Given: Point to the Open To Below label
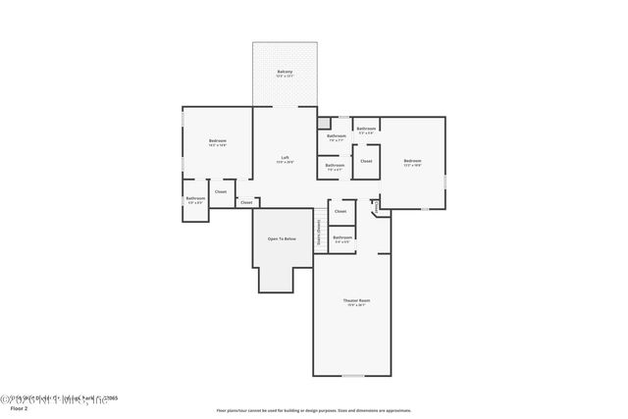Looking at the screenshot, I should pos(282,238).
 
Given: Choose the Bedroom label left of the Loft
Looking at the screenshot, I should pos(218,142).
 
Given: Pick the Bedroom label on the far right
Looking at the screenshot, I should pos(412,161).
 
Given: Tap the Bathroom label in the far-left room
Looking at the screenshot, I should pos(195,199).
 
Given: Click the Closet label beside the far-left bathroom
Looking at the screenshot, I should pos(221,191).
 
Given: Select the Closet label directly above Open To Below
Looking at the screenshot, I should pos(245,202).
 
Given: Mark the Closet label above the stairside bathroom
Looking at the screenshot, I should pos(340,212).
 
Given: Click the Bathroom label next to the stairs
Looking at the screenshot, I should pos(342,237).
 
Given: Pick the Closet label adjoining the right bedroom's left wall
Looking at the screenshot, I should pos(366,161).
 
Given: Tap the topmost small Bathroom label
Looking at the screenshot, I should pos(367,130).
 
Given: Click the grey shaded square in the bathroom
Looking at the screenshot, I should pos(324,123).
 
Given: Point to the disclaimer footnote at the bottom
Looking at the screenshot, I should pos(313,410).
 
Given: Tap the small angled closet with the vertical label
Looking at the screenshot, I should pos(375,208).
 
